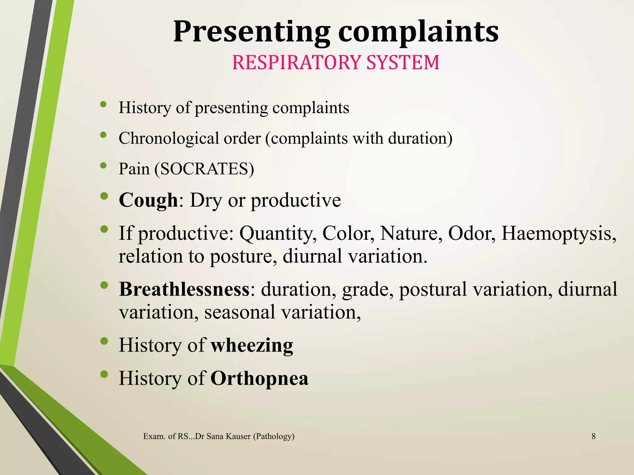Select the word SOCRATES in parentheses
pyautogui.click(x=204, y=169)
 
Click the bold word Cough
pyautogui.click(x=148, y=200)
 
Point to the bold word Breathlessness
pyautogui.click(x=184, y=289)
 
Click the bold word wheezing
pyautogui.click(x=252, y=345)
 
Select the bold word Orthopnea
pyautogui.click(x=259, y=378)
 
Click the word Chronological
pyautogui.click(x=168, y=138)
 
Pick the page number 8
pyautogui.click(x=593, y=436)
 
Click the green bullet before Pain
pyautogui.click(x=104, y=166)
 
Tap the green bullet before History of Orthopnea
pyautogui.click(x=104, y=374)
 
